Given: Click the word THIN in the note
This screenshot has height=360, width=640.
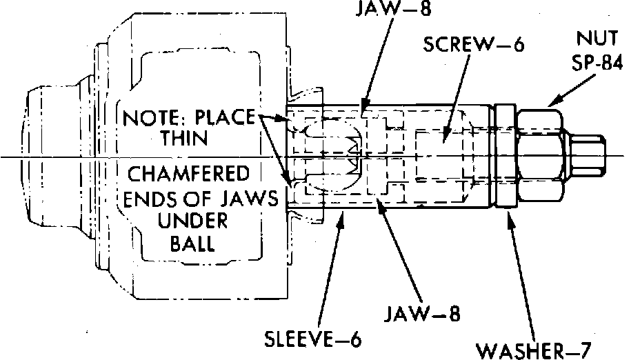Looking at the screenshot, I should (x=184, y=137).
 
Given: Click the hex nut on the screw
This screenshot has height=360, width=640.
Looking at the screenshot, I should (x=541, y=155).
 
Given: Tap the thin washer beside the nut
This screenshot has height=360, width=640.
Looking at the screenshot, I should (x=503, y=155).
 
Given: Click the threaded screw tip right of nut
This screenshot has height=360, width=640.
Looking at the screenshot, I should (x=588, y=155).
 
